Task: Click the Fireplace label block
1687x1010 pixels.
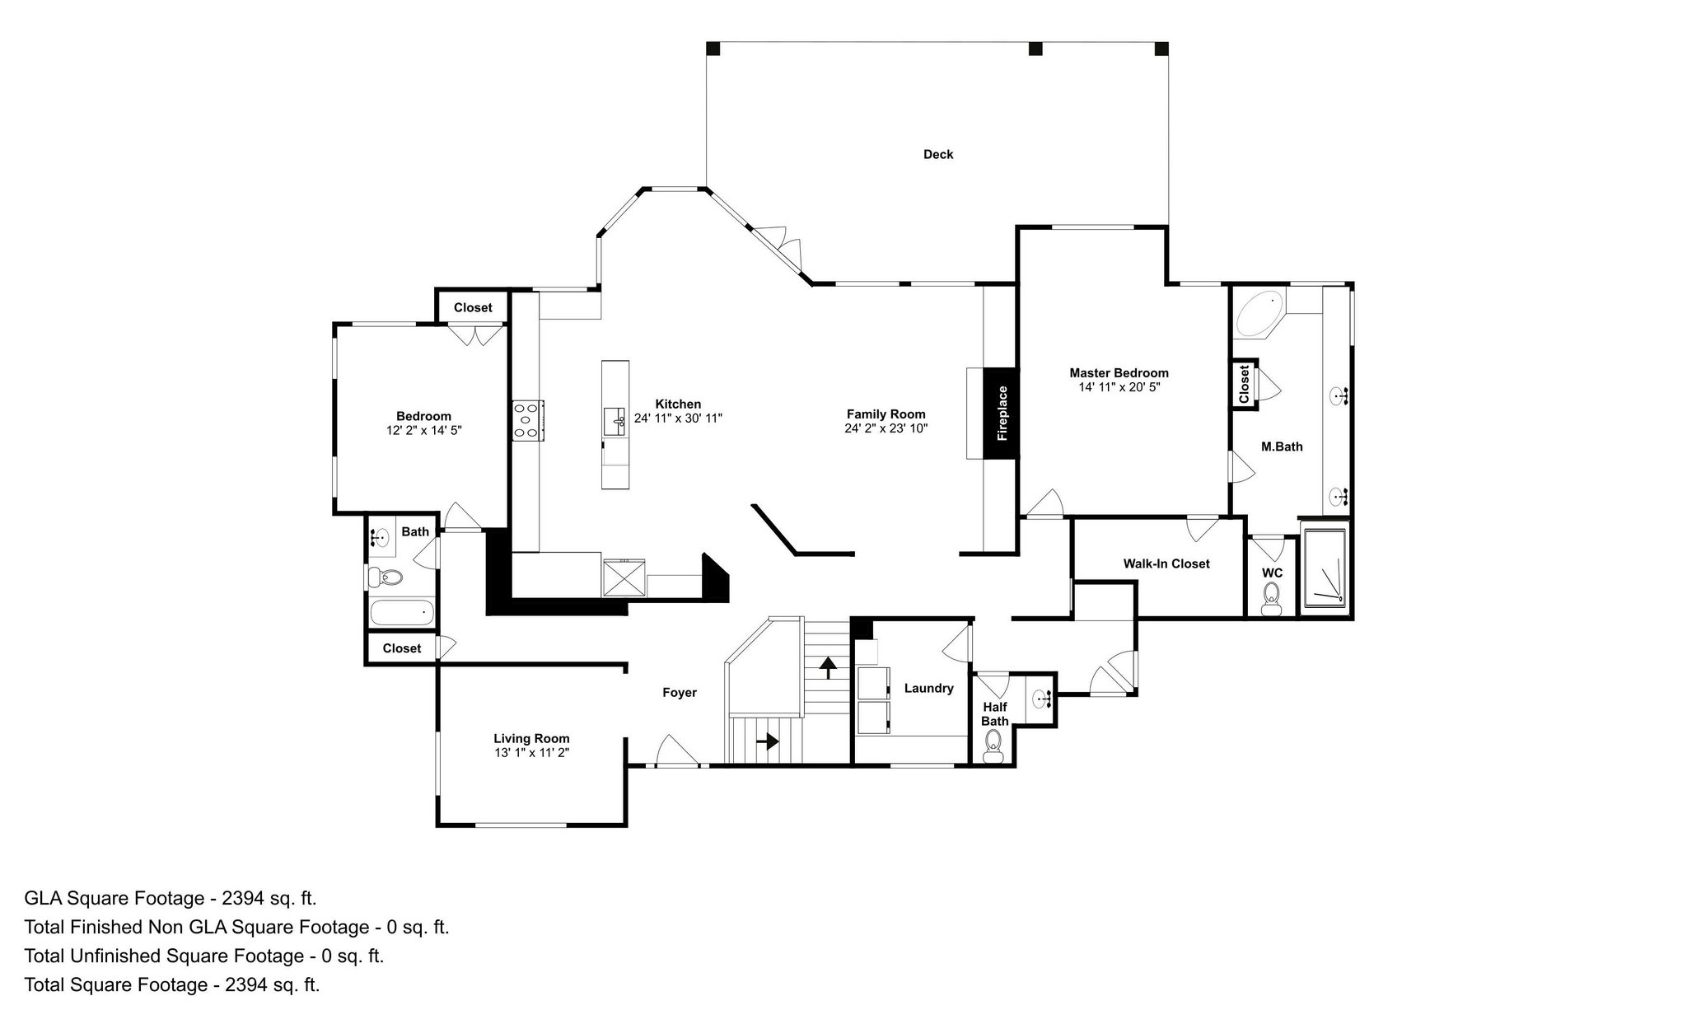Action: (1002, 413)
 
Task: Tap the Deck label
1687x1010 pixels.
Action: (938, 154)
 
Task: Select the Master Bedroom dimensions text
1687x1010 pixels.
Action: (1119, 387)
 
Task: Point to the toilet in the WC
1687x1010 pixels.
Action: (1272, 598)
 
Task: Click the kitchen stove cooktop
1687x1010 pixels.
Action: (527, 420)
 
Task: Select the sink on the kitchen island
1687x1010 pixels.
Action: (615, 421)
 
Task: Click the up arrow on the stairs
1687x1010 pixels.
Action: (827, 666)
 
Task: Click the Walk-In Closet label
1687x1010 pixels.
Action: (1166, 563)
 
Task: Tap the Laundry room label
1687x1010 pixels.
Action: (928, 688)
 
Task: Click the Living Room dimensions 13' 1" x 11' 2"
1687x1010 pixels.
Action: (531, 752)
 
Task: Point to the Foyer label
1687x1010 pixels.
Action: (680, 693)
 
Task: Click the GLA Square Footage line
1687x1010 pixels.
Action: (171, 898)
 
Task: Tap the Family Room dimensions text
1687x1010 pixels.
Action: (886, 428)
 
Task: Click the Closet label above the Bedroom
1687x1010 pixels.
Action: (473, 307)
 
